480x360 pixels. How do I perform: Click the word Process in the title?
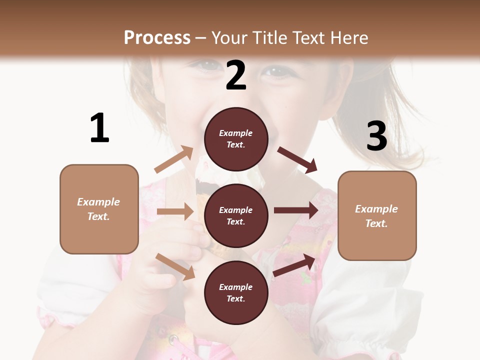(x=157, y=37)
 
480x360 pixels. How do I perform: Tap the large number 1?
(x=99, y=128)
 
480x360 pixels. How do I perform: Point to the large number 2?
(x=236, y=75)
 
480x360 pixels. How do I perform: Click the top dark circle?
(x=236, y=139)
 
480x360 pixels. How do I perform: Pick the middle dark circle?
(x=236, y=216)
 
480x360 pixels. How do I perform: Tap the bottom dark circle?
(x=236, y=293)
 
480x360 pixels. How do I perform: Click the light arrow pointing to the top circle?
(x=173, y=159)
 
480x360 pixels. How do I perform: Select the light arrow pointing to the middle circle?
(x=175, y=211)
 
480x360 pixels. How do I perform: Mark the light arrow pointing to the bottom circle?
(x=175, y=266)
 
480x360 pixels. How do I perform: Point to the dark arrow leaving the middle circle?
(x=295, y=210)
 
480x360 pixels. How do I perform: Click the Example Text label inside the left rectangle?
(x=98, y=209)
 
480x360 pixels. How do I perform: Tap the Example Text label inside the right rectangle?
(x=376, y=216)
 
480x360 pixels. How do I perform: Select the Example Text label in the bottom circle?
(x=236, y=293)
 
